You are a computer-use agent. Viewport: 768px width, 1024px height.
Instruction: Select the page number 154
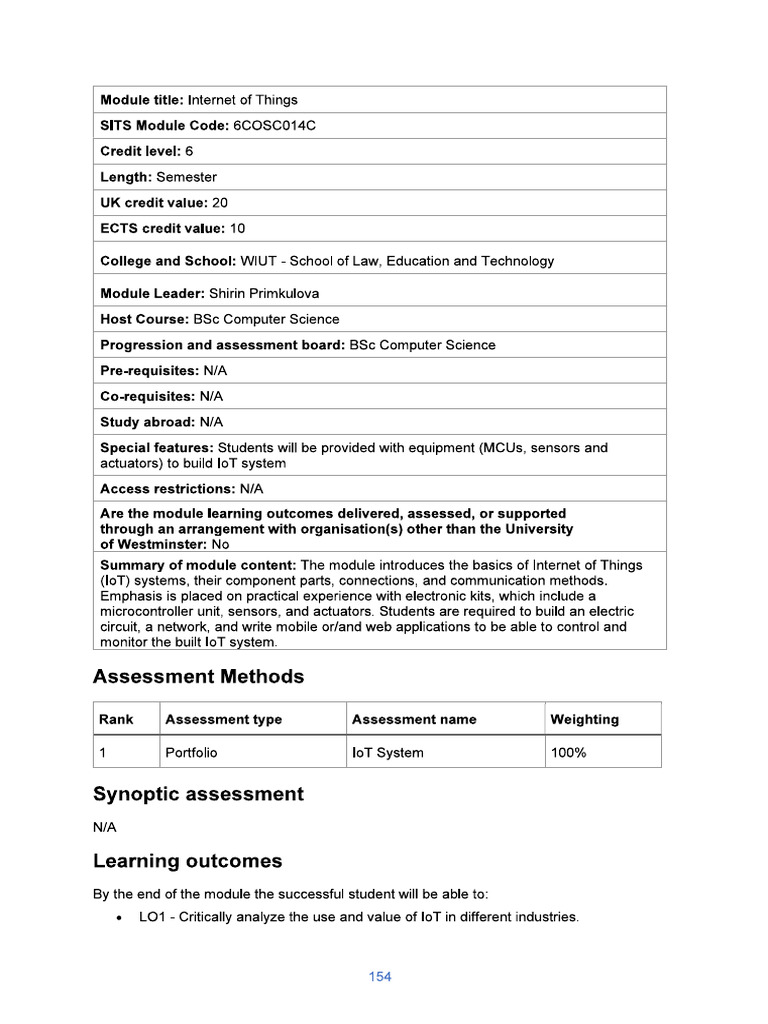pyautogui.click(x=380, y=977)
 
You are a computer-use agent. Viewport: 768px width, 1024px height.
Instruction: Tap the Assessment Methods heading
pyautogui.click(x=198, y=677)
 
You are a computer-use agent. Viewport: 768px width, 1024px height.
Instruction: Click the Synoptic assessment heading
pyautogui.click(x=198, y=794)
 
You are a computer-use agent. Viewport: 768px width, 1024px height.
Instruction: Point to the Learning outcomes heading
pyautogui.click(x=187, y=861)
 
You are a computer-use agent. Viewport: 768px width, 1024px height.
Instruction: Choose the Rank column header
pyautogui.click(x=116, y=719)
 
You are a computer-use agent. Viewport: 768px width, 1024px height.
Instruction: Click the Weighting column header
pyautogui.click(x=584, y=719)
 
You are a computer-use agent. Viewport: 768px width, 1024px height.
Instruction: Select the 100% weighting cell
pyautogui.click(x=569, y=753)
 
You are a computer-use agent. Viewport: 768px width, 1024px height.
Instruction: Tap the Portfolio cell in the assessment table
pyautogui.click(x=191, y=753)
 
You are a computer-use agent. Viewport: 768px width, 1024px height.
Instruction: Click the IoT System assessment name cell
pyautogui.click(x=388, y=753)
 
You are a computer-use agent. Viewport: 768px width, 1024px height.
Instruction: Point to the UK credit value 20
pyautogui.click(x=220, y=202)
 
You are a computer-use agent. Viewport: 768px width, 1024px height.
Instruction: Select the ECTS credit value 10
pyautogui.click(x=237, y=228)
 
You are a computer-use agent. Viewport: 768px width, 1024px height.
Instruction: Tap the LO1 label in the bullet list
pyautogui.click(x=152, y=917)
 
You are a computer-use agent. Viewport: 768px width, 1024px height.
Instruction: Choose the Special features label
pyautogui.click(x=156, y=448)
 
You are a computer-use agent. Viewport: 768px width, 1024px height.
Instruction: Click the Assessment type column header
pyautogui.click(x=224, y=719)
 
